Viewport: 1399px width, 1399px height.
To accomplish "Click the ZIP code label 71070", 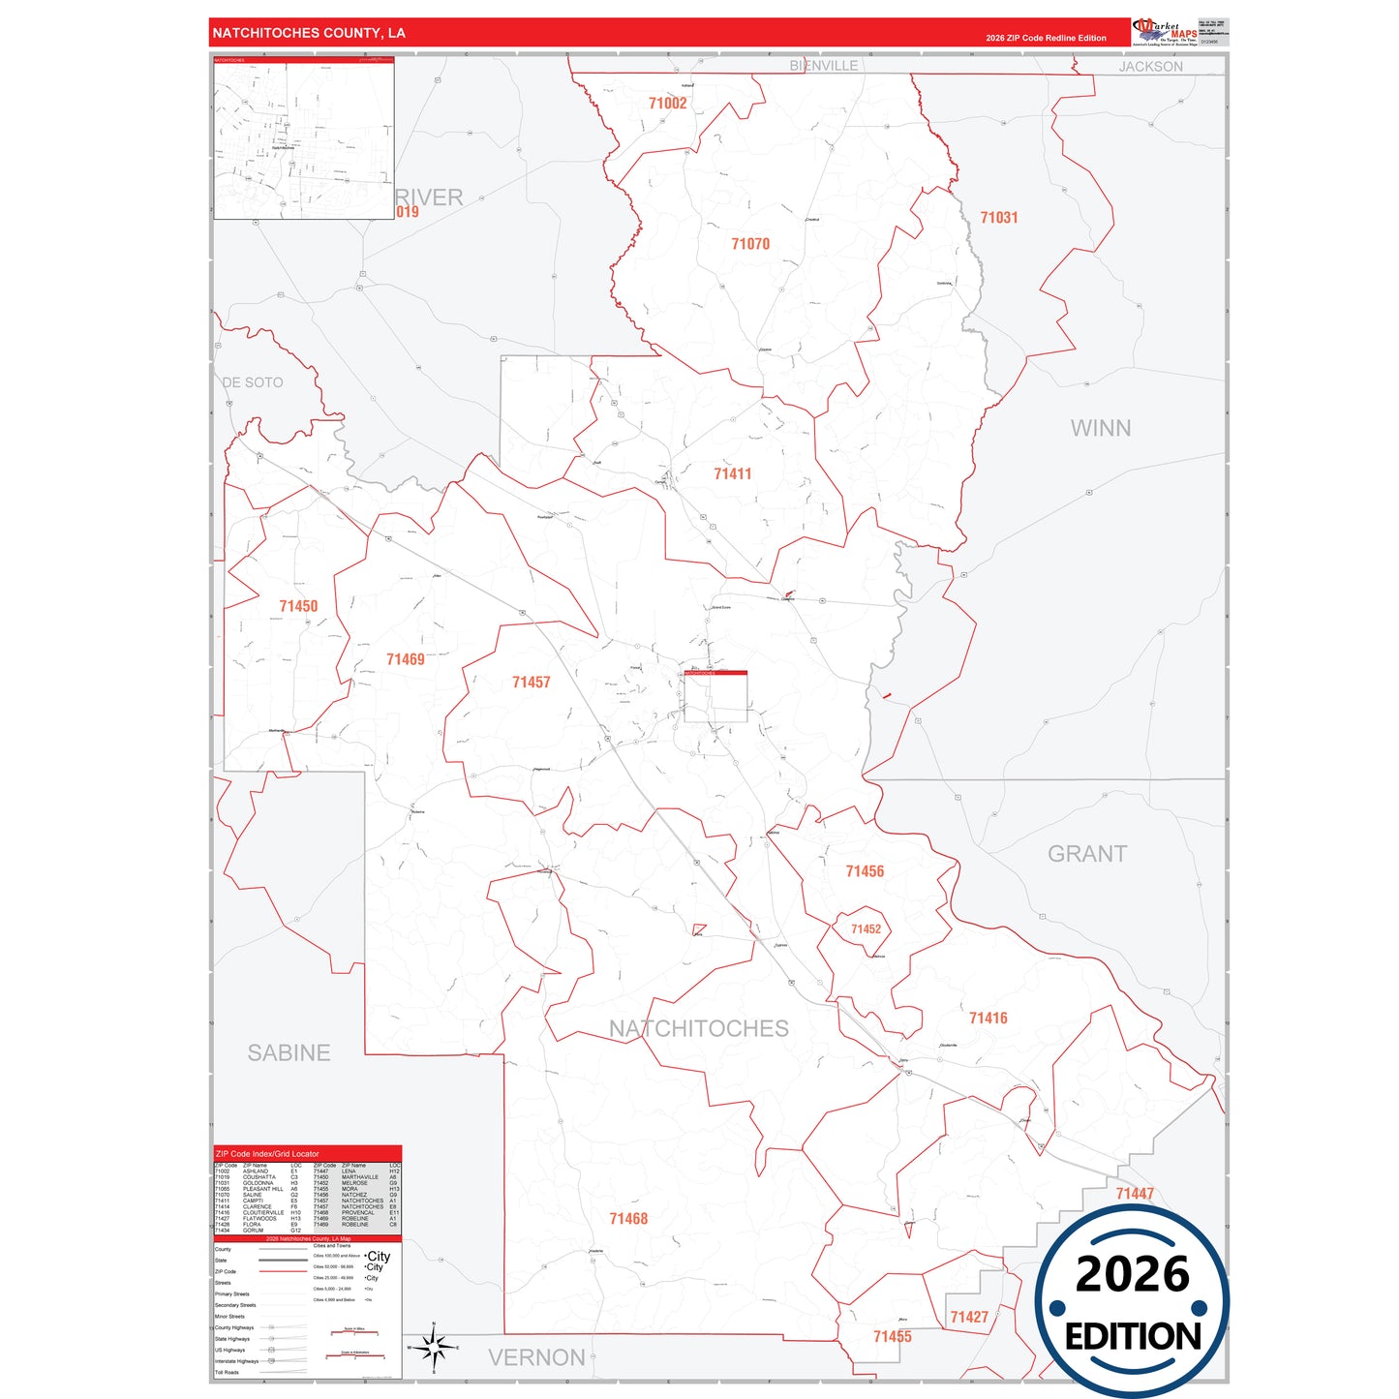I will (750, 244).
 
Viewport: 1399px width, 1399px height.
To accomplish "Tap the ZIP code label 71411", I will (733, 473).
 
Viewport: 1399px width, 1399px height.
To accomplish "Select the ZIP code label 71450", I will (298, 606).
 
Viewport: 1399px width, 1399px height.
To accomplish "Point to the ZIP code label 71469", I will (406, 659).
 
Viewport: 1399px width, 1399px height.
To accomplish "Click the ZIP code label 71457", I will (532, 683).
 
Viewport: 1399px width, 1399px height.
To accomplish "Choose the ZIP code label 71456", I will (865, 871).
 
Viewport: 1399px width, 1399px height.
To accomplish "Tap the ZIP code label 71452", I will (867, 929).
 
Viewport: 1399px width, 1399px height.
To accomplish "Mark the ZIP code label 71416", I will (988, 1018).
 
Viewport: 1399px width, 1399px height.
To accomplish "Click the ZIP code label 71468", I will (628, 1219).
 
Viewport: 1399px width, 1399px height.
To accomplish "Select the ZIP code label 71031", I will (999, 218).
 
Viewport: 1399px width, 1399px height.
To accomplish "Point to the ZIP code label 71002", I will (668, 104).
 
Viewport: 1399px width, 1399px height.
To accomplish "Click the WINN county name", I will (1101, 428).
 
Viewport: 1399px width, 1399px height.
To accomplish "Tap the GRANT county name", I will (1087, 854).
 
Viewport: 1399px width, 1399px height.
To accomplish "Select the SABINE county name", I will (289, 1052).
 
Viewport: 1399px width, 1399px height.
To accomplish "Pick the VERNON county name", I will (536, 1357).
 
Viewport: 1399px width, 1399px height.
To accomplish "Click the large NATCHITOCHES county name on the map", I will (699, 1028).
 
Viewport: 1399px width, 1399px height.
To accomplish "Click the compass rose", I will (434, 1347).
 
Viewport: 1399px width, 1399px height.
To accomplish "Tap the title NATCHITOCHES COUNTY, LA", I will (309, 33).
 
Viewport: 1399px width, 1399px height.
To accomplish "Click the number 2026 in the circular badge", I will (1132, 1274).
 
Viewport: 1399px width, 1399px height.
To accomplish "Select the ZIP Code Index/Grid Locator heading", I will (267, 1154).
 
